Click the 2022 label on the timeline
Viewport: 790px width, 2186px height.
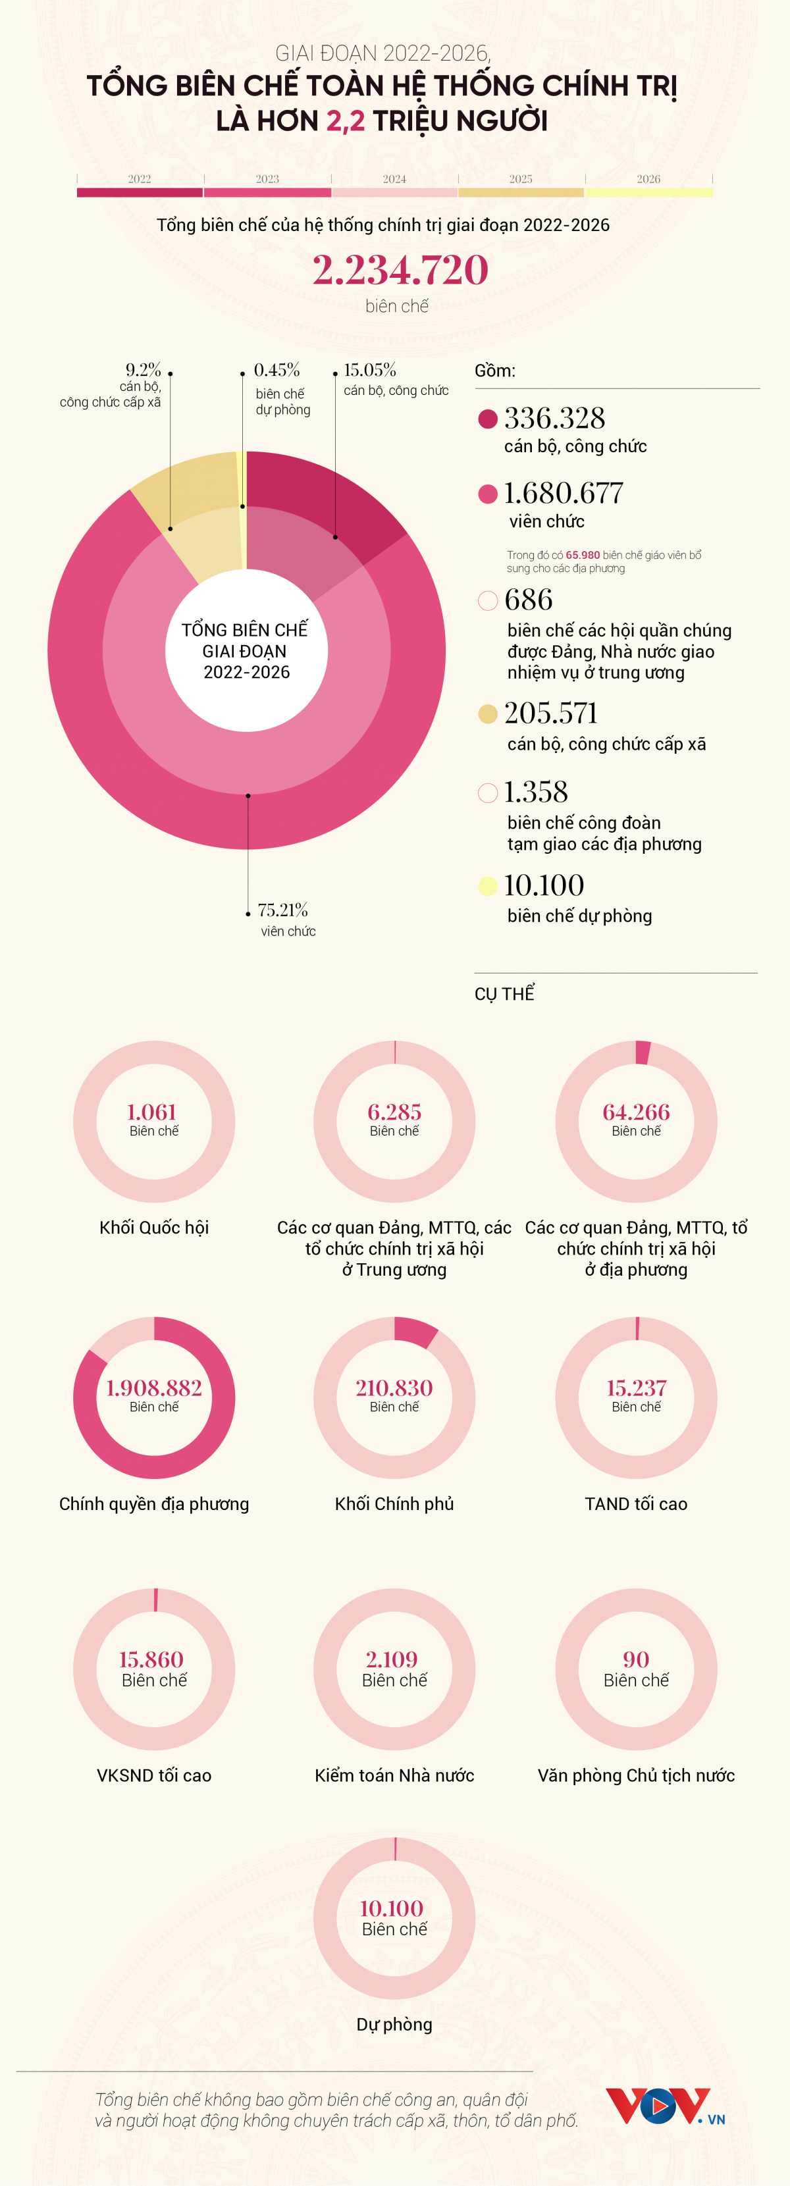(139, 179)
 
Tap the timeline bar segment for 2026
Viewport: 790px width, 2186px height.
(648, 193)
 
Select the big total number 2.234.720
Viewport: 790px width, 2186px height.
(400, 271)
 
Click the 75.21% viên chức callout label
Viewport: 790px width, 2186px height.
(284, 918)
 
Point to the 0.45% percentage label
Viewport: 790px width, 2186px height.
(276, 370)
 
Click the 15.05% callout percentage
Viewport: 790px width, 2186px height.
(369, 370)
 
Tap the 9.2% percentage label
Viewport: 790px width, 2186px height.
(144, 370)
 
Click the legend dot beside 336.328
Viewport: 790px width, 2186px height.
(488, 419)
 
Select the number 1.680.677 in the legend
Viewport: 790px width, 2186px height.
(564, 493)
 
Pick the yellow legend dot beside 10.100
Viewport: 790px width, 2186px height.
(488, 886)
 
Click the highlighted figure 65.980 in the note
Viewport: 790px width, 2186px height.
(583, 555)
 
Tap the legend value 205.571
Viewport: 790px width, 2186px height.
(551, 713)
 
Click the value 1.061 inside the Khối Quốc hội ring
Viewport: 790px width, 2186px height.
(152, 1112)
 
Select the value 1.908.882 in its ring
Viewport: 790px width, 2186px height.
(153, 1388)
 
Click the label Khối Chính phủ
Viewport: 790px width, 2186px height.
(394, 1503)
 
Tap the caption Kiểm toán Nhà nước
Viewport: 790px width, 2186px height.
(394, 1775)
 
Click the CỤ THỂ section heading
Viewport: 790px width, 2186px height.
(504, 994)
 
